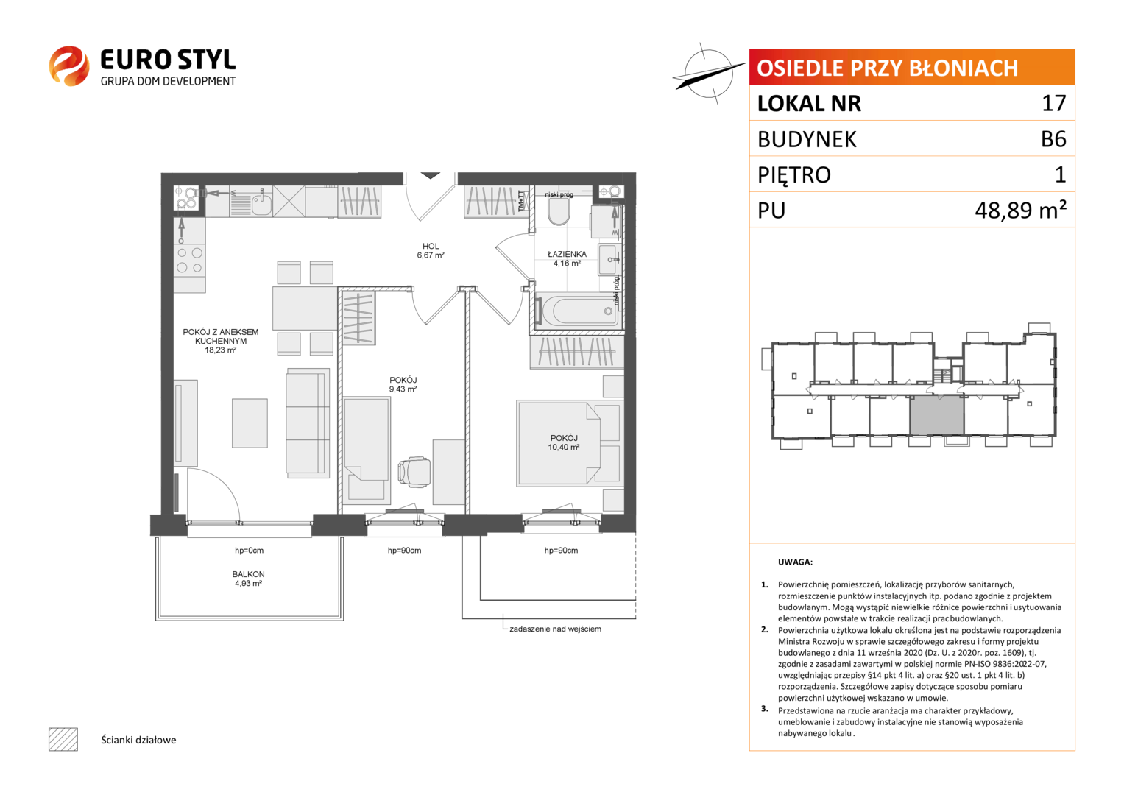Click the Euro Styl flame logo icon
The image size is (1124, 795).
[x=69, y=66]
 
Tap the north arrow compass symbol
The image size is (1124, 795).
[x=708, y=74]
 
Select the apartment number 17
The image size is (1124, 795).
[x=1053, y=103]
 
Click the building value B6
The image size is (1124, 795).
[x=1053, y=139]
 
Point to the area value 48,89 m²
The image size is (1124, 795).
[x=1020, y=210]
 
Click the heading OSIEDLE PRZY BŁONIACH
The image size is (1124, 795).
[x=887, y=68]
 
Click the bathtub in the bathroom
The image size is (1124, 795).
[x=578, y=311]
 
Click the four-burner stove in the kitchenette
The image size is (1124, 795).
[x=190, y=261]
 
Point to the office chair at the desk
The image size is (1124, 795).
[x=414, y=473]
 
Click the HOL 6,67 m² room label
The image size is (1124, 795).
[x=431, y=250]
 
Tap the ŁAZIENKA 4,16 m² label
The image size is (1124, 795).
[x=567, y=258]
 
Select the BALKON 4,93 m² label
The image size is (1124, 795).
[x=248, y=579]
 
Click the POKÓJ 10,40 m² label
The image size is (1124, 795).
[x=564, y=442]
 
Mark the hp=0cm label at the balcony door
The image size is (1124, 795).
[x=249, y=551]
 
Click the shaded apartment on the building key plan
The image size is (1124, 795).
[x=937, y=414]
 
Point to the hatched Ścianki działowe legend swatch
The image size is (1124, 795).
[x=63, y=739]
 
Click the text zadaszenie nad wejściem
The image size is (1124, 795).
[x=555, y=629]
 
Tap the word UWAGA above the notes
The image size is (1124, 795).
[x=795, y=562]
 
